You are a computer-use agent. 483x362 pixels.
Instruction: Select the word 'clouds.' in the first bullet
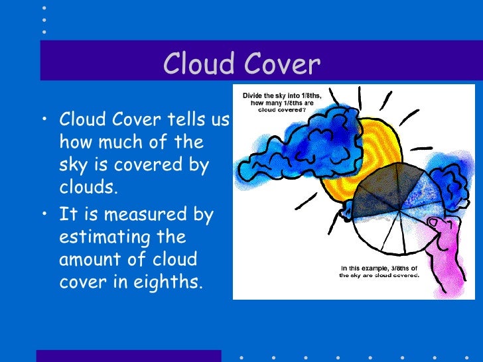(x=88, y=188)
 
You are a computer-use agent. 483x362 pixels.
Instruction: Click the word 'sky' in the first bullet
(x=72, y=165)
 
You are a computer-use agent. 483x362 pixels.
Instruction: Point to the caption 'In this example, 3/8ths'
(x=378, y=269)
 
